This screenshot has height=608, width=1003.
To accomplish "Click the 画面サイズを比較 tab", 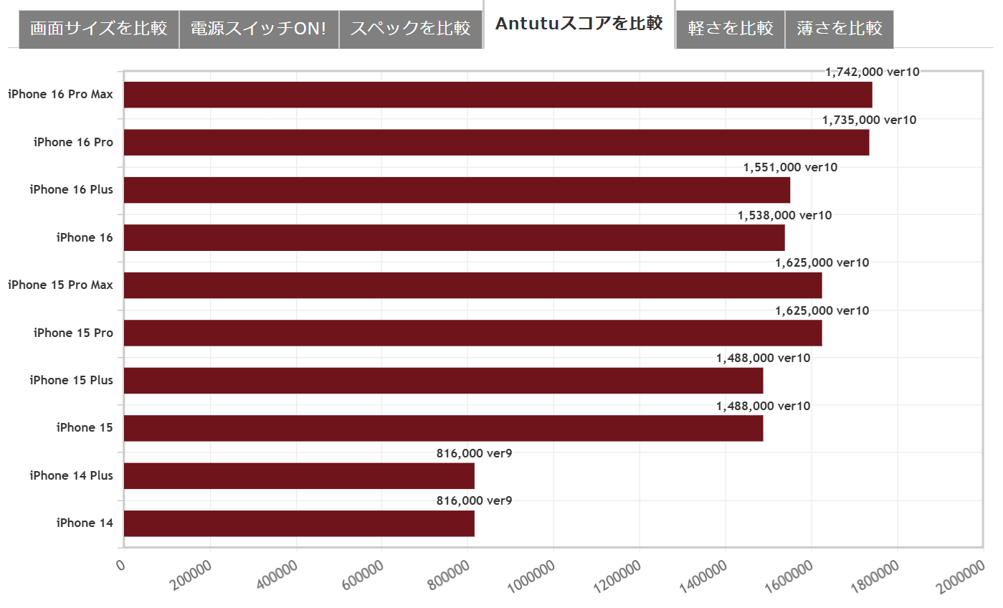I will point(99,29).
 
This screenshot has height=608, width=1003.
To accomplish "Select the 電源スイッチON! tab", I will point(259,29).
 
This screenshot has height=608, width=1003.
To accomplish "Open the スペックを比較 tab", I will point(410,29).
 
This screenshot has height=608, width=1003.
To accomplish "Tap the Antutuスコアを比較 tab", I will point(579,24).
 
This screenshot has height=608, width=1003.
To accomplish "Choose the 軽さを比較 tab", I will point(730,29).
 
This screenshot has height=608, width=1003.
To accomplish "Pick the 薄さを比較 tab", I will point(839,29).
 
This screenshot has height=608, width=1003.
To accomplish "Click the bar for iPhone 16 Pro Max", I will point(498,95).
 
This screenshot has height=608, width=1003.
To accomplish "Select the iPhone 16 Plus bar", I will point(457,190).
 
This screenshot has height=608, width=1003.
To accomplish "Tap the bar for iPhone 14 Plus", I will point(299,476).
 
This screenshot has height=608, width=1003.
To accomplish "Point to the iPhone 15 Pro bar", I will point(472,333).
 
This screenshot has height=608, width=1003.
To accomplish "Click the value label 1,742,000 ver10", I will point(872,72).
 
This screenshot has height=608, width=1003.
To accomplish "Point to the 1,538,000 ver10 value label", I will point(784,215).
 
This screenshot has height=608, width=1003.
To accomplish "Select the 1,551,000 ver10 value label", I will point(790,168).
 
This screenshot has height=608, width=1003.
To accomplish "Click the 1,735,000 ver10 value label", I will point(869,120).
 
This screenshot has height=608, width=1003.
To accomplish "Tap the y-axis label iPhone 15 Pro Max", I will point(60,285).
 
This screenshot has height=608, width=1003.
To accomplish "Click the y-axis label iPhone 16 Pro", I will point(73,142).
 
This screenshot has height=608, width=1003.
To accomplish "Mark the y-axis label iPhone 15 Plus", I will point(71,381).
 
